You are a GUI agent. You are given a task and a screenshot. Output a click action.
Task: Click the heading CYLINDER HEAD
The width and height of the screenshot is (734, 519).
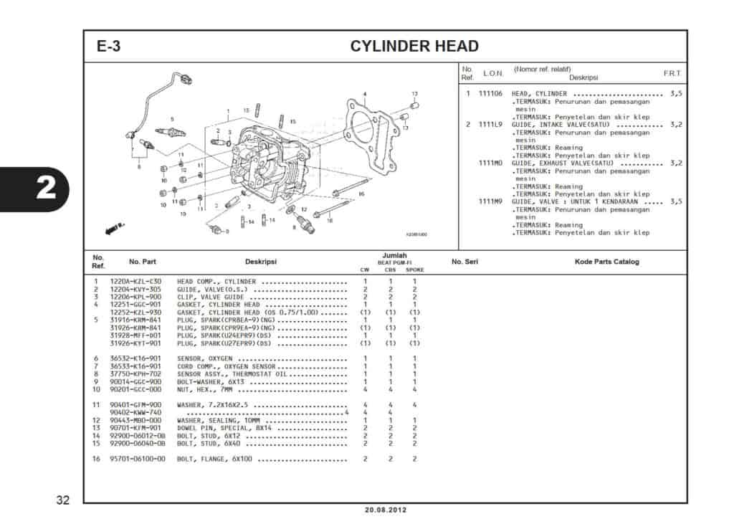[414, 47]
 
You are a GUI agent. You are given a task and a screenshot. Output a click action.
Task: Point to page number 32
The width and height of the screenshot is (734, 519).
[62, 499]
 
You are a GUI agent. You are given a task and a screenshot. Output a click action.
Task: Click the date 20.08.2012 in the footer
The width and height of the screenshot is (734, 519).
[385, 510]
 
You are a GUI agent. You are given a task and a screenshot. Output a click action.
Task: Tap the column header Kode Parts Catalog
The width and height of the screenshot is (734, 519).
[606, 262]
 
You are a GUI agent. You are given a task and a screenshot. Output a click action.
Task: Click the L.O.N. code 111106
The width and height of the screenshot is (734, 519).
[490, 94]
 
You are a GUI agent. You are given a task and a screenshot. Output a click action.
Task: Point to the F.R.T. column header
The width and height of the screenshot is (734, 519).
[672, 74]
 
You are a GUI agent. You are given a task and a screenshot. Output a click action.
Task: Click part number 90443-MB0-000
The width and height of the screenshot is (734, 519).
[135, 420]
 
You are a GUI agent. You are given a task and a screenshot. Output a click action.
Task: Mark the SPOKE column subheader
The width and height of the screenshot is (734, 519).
[414, 270]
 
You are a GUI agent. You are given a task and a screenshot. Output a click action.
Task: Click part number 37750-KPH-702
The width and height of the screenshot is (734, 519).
[135, 373]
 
